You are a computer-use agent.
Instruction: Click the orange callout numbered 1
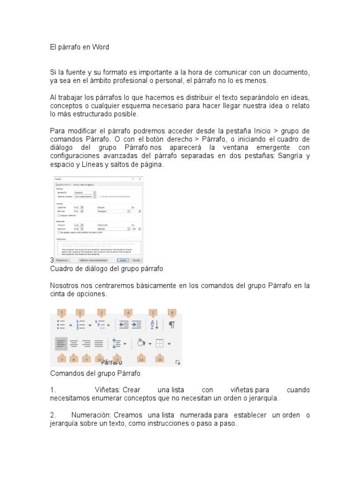coord(61,313)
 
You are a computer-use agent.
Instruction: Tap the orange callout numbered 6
coord(172,313)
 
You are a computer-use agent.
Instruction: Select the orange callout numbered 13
coord(160,359)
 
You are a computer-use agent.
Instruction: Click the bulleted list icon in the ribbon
coord(61,324)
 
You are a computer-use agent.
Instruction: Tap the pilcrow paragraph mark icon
coord(172,324)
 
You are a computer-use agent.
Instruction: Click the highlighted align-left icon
coord(61,344)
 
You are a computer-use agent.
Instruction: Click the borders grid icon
coord(159,344)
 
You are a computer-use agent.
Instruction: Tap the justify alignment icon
coord(98,344)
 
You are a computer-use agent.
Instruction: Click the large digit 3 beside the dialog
coord(52,260)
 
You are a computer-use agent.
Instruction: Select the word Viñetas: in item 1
coord(108,390)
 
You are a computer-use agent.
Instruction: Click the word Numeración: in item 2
coord(91,415)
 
